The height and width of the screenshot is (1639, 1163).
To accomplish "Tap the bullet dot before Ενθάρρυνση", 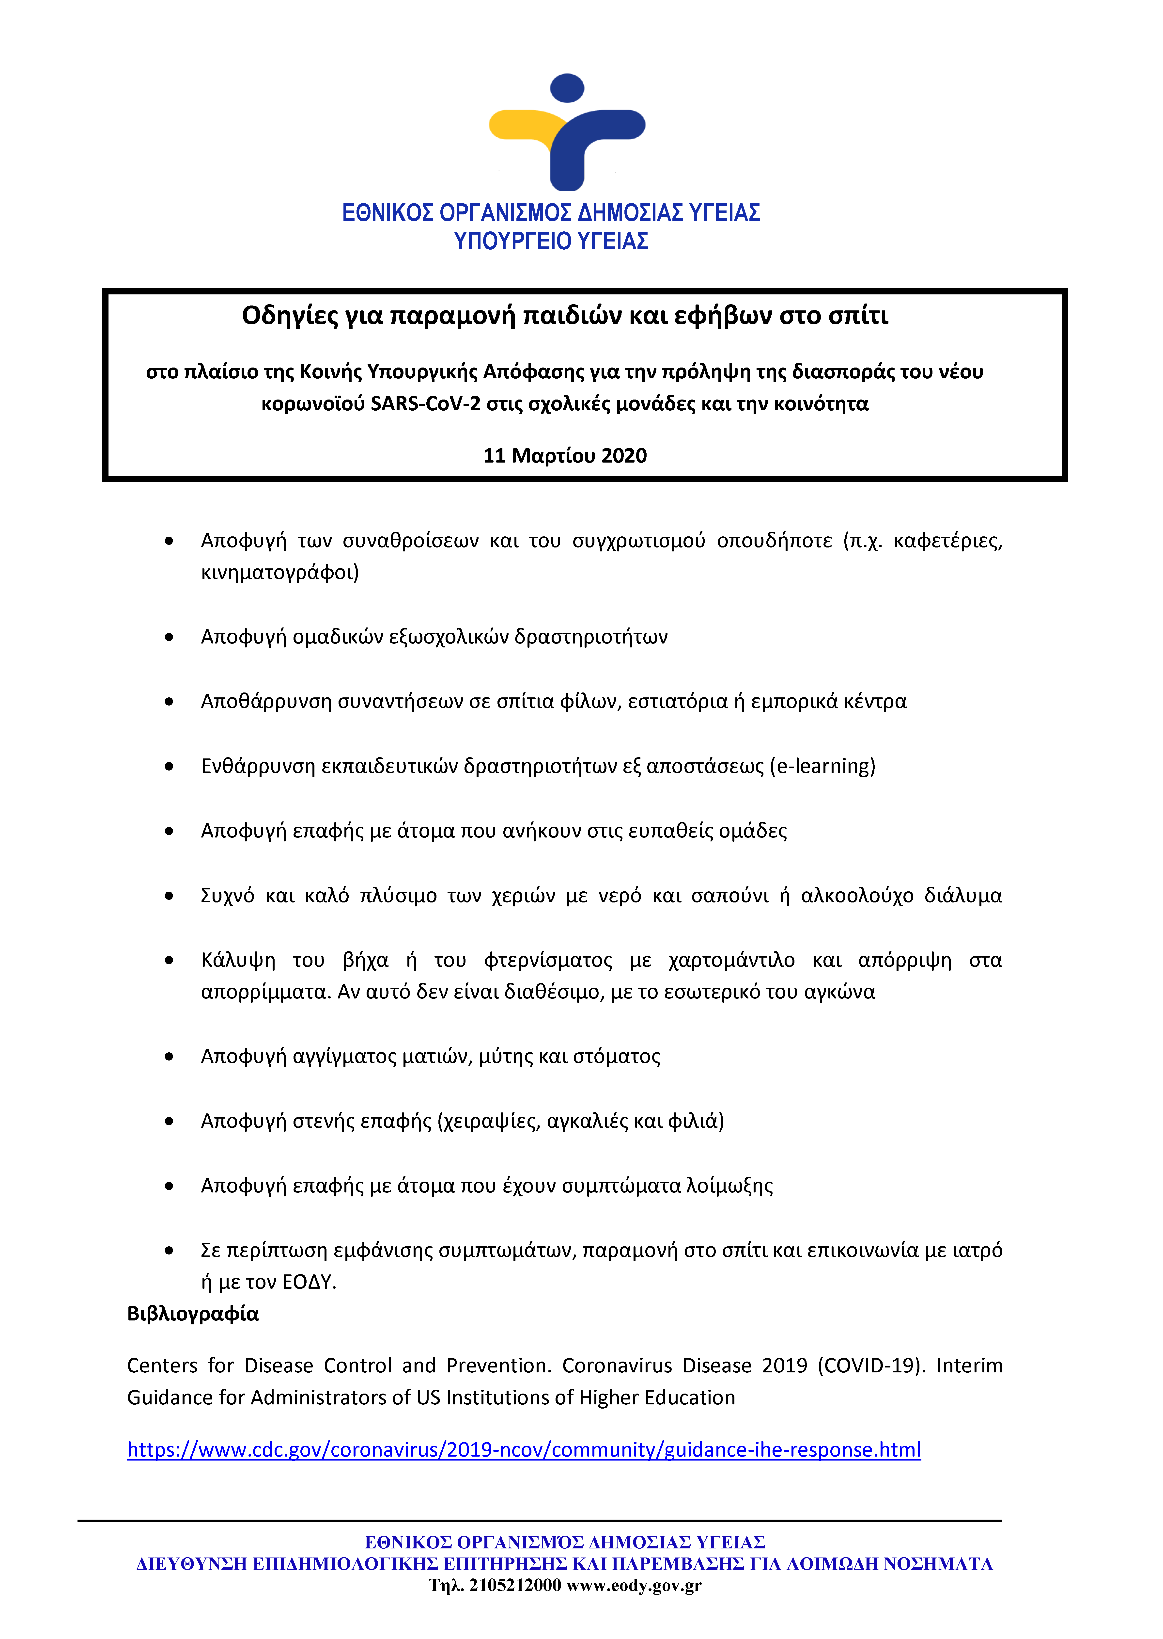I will [x=169, y=767].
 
